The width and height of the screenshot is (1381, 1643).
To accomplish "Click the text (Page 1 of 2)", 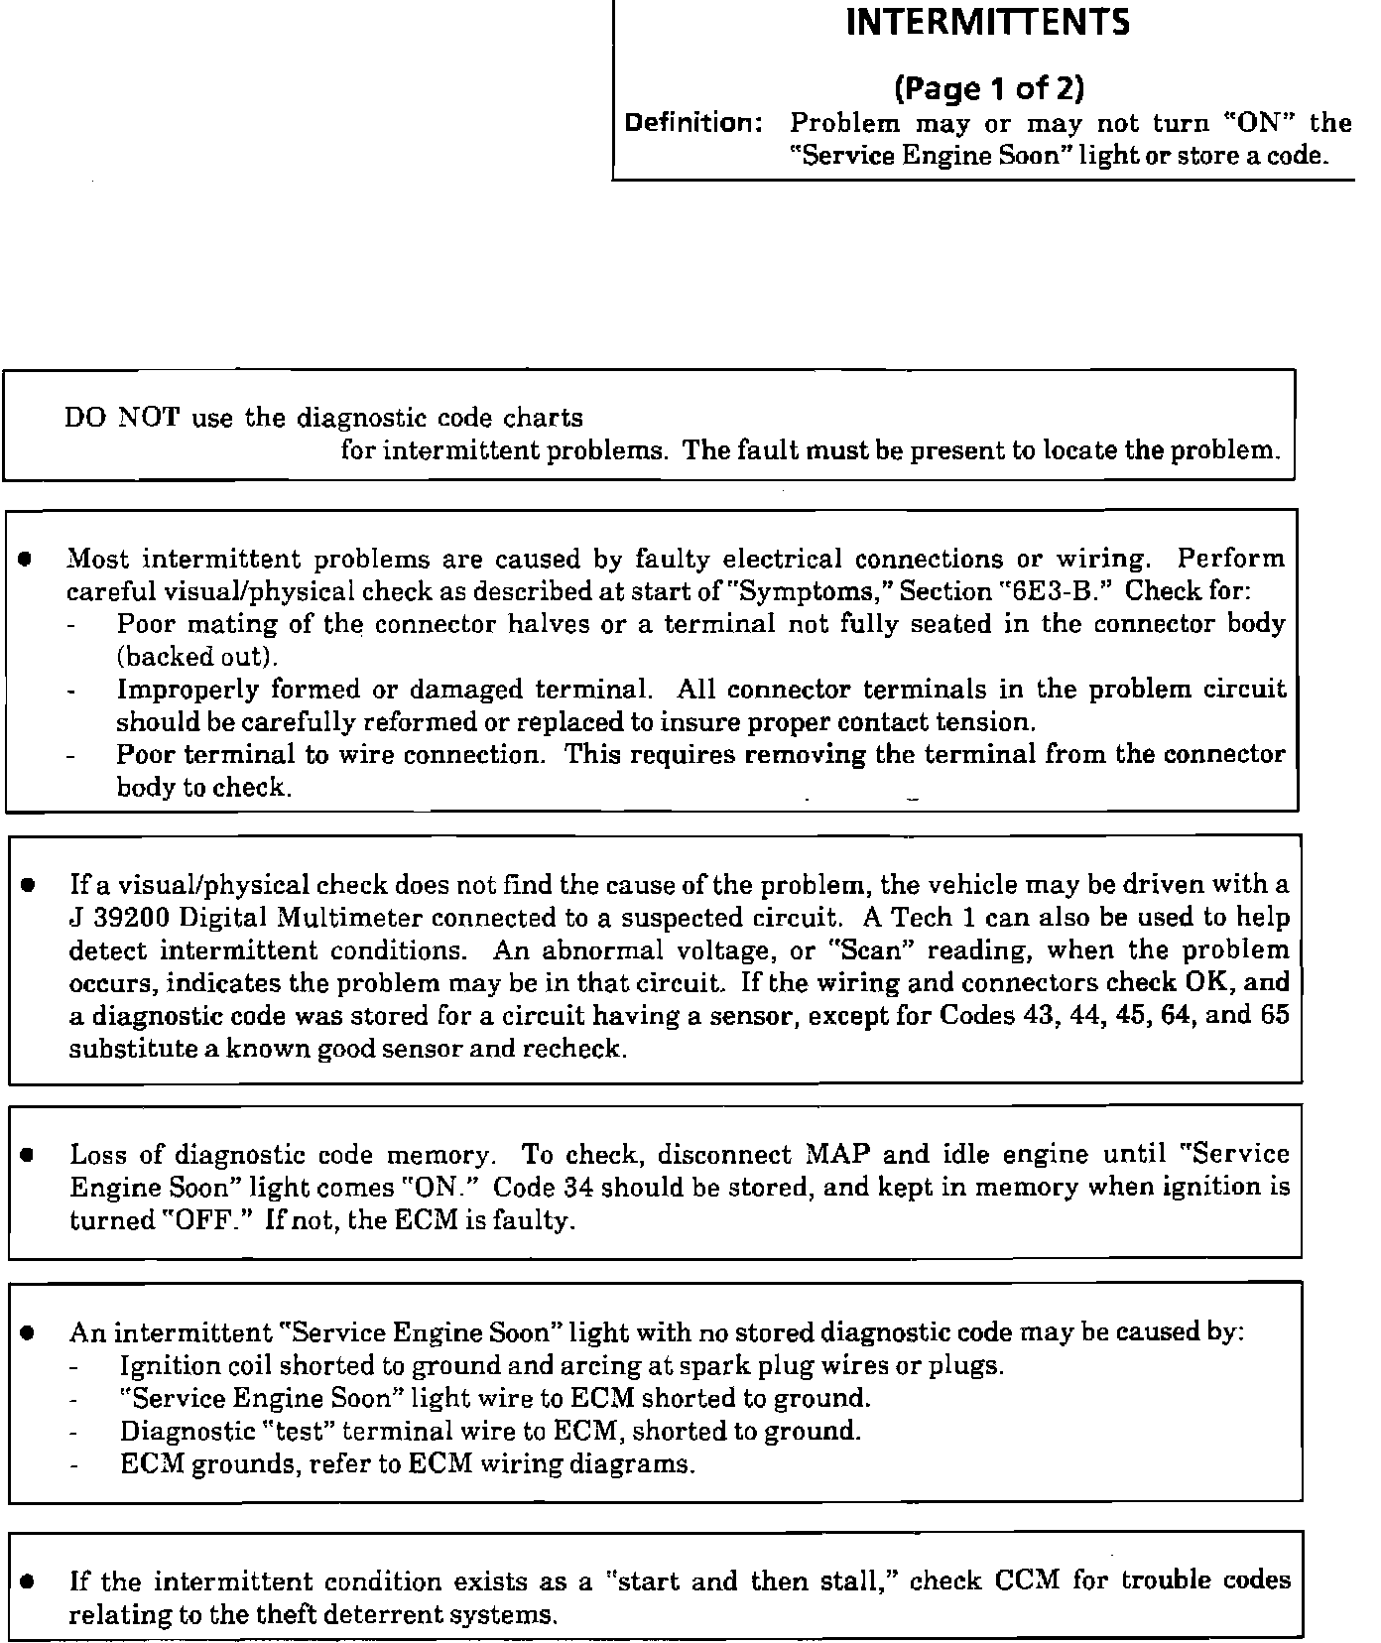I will tap(989, 90).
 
